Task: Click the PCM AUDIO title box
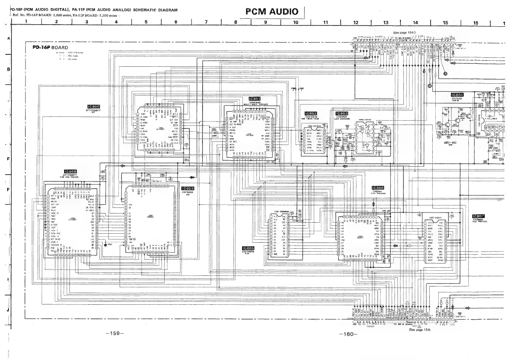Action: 272,11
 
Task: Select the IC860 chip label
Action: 93,107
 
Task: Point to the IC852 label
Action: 311,113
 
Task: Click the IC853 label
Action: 341,113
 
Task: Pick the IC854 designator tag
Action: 457,95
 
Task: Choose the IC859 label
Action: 188,188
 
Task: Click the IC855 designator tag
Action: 248,248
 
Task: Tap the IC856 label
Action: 377,188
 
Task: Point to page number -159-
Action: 114,333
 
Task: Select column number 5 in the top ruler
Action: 146,23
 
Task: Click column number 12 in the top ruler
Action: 356,23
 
